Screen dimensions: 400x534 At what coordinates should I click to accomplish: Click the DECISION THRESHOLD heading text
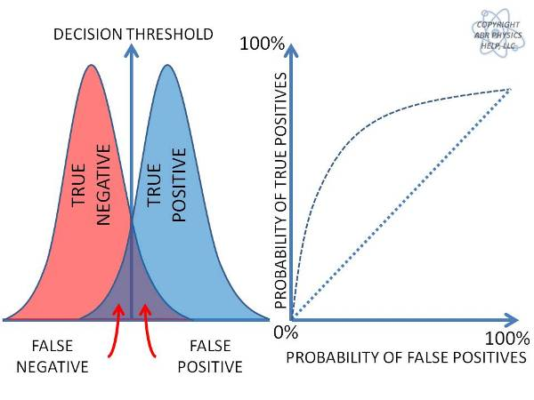133,35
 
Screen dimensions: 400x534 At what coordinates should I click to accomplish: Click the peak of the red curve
90,66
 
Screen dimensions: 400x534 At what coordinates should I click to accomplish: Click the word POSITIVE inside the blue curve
179,186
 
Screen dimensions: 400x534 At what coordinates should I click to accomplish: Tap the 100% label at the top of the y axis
263,43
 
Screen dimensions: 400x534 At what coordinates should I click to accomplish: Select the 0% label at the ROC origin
284,332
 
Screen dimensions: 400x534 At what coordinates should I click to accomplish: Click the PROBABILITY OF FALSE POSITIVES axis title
406,357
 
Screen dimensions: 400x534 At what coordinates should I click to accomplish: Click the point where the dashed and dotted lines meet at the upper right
510,89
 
